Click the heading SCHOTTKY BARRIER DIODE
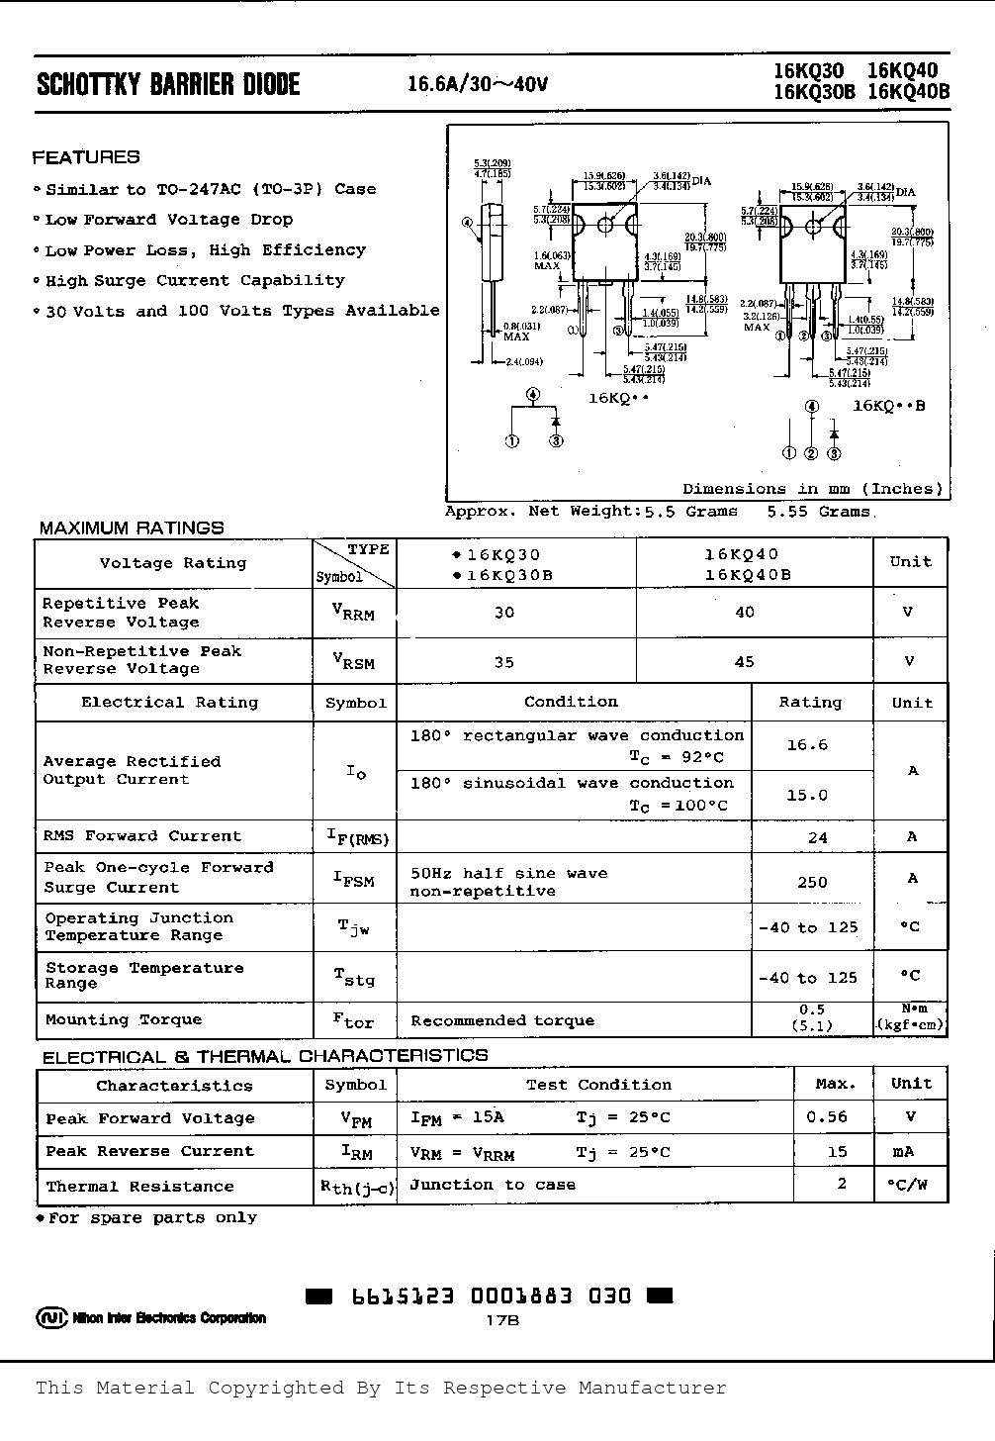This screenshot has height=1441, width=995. point(168,84)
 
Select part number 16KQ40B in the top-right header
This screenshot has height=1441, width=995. point(908,92)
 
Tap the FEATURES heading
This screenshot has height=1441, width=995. point(86,157)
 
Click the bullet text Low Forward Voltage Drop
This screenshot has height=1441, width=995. point(169,220)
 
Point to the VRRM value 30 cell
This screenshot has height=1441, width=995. point(504,613)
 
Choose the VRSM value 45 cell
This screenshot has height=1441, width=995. point(745,661)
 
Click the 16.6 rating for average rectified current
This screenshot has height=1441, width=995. point(807,745)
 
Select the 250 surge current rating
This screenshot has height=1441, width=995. point(812,881)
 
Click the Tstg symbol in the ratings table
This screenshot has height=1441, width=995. point(355,978)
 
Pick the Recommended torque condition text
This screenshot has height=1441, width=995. point(502,1020)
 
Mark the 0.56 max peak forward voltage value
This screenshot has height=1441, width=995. point(827,1117)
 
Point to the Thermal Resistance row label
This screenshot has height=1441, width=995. point(139,1186)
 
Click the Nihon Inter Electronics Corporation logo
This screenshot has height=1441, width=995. point(151,1317)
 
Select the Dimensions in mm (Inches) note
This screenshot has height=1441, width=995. point(812,489)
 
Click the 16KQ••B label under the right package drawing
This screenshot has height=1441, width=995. point(888,406)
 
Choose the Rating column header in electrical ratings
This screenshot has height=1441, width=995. point(810,703)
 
